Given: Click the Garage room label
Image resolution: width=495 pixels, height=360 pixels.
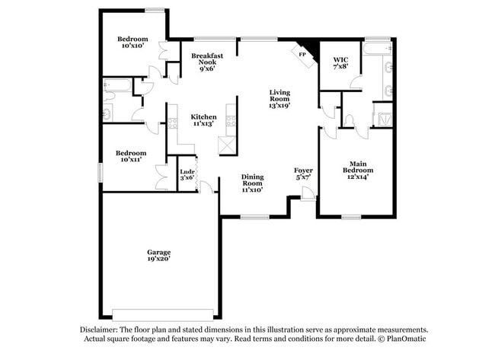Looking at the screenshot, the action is point(159,256).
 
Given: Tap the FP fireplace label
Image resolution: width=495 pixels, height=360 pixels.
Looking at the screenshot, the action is point(302,55).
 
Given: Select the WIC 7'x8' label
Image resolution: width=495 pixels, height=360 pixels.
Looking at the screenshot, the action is point(340,63).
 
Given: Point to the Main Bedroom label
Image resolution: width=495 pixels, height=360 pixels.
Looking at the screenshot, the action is point(358,170).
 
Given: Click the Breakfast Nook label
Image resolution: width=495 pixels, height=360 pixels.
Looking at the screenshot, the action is point(207,62).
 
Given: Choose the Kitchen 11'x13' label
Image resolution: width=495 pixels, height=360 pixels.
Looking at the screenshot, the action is point(203,120).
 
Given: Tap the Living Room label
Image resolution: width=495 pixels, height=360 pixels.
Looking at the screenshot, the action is point(279,99).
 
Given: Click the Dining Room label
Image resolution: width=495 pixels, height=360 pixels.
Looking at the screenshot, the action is point(253,183).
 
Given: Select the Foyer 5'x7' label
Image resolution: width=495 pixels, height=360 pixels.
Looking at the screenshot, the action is point(303,174).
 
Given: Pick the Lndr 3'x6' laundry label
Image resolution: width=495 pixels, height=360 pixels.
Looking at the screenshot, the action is point(187,175).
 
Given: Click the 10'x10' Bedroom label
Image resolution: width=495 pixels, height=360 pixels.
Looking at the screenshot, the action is point(133,43).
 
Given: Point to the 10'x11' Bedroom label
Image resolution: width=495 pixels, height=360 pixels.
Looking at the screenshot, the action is point(131,157).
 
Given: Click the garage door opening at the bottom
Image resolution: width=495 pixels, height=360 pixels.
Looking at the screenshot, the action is point(162,315).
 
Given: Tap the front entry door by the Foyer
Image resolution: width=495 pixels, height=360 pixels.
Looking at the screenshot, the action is point(308,194).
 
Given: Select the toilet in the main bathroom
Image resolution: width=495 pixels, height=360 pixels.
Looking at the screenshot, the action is point(349,122).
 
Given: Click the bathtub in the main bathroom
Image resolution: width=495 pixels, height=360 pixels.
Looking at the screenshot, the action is point(378,49).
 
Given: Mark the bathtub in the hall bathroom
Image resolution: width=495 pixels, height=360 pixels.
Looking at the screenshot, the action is point(117,85).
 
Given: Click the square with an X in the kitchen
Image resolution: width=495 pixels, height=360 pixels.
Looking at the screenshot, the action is point(227,146).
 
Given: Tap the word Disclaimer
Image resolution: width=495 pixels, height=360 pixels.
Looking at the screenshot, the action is point(99,330).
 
